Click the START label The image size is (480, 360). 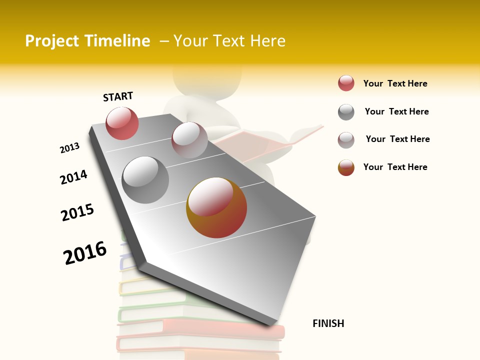118,96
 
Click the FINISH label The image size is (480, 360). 328,323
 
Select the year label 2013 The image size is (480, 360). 69,148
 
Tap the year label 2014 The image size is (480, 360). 73,177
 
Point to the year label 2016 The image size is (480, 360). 85,252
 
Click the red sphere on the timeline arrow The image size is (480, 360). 122,123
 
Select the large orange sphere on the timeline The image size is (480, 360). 216,207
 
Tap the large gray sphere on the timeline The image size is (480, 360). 145,179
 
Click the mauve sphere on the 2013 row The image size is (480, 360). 189,140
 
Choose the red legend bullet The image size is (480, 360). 346,83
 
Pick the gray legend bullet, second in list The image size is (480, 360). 346,112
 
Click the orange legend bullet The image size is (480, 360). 346,167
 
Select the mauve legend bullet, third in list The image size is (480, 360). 346,140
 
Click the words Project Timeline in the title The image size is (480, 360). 87,41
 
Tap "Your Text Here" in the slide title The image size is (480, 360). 229,41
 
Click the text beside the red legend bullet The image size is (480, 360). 395,83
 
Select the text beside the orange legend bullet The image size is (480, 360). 395,167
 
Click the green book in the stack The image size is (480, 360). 150,313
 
